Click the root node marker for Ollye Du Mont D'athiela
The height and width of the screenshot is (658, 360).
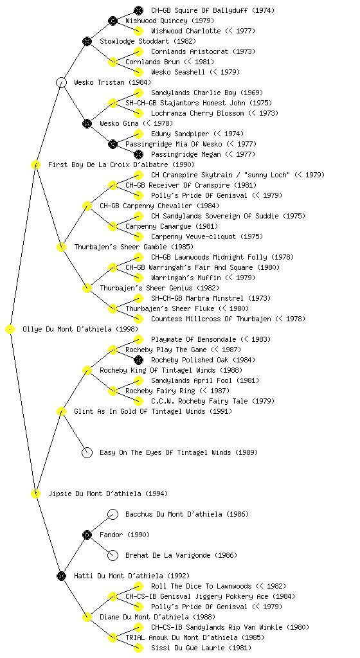(10, 330)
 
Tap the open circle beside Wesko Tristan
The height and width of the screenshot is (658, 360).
(61, 82)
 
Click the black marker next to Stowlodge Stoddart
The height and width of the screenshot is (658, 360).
(87, 41)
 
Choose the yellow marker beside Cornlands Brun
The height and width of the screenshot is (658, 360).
(113, 62)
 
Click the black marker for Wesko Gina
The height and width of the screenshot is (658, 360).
(87, 123)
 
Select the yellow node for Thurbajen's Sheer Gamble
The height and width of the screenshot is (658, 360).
(61, 247)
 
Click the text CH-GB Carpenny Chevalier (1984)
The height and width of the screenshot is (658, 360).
(159, 206)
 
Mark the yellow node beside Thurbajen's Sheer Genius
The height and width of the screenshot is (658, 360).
(87, 288)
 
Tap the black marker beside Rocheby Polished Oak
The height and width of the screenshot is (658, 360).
(138, 360)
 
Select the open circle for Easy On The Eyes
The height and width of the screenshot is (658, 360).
(87, 452)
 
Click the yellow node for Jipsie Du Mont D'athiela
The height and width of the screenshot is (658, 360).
(35, 493)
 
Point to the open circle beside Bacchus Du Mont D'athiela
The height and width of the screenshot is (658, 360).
(113, 514)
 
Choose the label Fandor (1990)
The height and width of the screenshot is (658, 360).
(125, 535)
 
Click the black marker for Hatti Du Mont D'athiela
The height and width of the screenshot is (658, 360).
(61, 576)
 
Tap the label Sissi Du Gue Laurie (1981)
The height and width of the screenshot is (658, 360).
(201, 648)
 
